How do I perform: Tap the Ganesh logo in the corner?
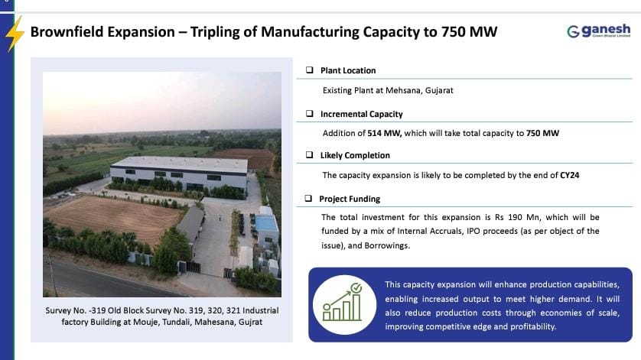[x=600, y=31]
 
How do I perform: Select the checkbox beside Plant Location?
[x=309, y=70]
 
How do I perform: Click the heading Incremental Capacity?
[x=361, y=114]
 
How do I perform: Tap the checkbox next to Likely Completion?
[x=309, y=155]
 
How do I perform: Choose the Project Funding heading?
[x=350, y=199]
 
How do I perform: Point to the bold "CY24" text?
[x=568, y=175]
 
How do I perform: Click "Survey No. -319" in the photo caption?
[x=76, y=310]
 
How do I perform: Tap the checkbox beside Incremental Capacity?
[x=309, y=114]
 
